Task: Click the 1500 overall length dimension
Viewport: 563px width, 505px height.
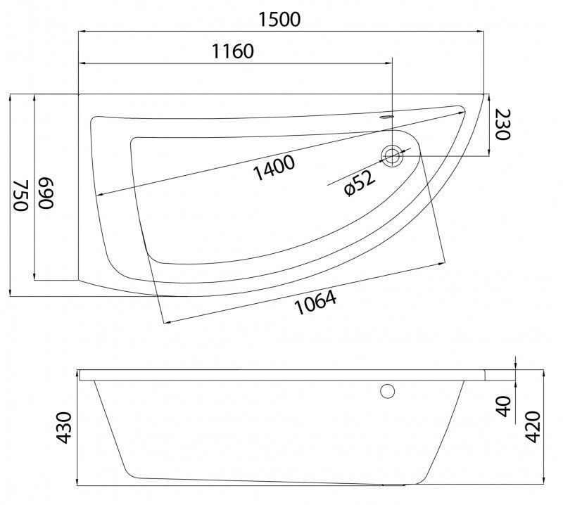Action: (279, 20)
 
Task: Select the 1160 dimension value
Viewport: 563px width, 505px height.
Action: (233, 51)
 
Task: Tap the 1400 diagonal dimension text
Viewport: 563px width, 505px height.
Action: (274, 167)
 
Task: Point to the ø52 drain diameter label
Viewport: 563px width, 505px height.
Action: (360, 183)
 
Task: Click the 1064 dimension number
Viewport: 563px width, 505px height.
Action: (315, 302)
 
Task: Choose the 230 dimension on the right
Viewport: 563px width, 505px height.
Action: (502, 124)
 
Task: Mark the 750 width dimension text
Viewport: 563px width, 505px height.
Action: (21, 195)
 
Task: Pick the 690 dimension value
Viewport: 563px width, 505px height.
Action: (46, 193)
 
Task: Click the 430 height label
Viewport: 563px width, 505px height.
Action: (65, 428)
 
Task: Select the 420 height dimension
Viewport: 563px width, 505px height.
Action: (533, 427)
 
